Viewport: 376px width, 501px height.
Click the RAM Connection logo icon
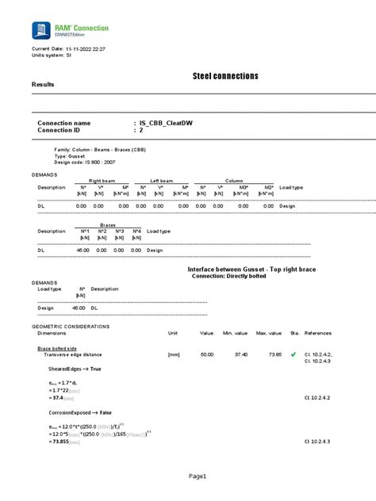point(39,31)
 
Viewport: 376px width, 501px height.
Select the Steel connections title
point(225,76)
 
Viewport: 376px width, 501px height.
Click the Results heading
point(44,84)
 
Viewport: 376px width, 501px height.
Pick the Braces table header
point(108,224)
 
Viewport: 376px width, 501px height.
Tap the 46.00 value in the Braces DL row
point(82,250)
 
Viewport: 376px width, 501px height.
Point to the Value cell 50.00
point(207,354)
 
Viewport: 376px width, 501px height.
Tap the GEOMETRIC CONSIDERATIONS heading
point(71,326)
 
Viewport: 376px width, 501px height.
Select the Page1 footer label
point(197,476)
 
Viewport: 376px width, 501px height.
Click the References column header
point(318,333)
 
